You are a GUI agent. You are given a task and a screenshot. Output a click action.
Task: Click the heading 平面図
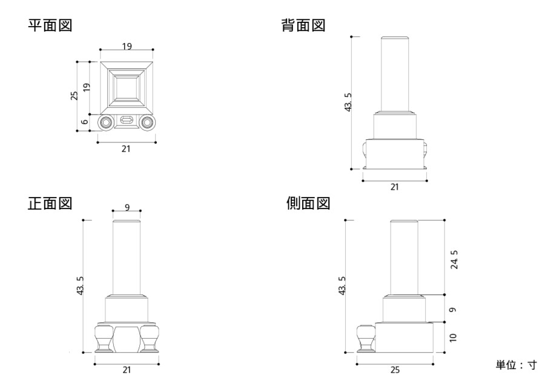[x=50, y=25]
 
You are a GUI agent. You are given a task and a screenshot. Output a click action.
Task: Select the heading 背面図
[x=303, y=25]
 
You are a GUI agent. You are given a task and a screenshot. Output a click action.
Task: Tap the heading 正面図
[x=50, y=203]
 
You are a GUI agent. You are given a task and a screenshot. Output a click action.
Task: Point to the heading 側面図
[x=308, y=203]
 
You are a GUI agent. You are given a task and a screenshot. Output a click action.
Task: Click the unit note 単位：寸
[x=516, y=365]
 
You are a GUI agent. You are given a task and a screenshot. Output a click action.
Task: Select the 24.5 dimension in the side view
[x=454, y=259]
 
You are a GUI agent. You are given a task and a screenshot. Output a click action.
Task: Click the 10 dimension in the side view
[x=453, y=338]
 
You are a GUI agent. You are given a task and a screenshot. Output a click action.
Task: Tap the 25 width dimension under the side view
[x=395, y=370]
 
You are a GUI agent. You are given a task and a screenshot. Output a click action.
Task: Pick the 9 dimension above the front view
[x=127, y=207]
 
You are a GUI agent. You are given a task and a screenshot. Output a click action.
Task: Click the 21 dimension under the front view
[x=127, y=370]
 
